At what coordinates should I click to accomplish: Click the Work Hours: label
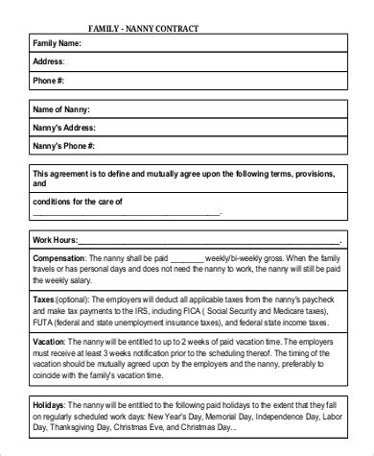click(54, 239)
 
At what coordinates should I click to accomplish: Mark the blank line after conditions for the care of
click(174, 213)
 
